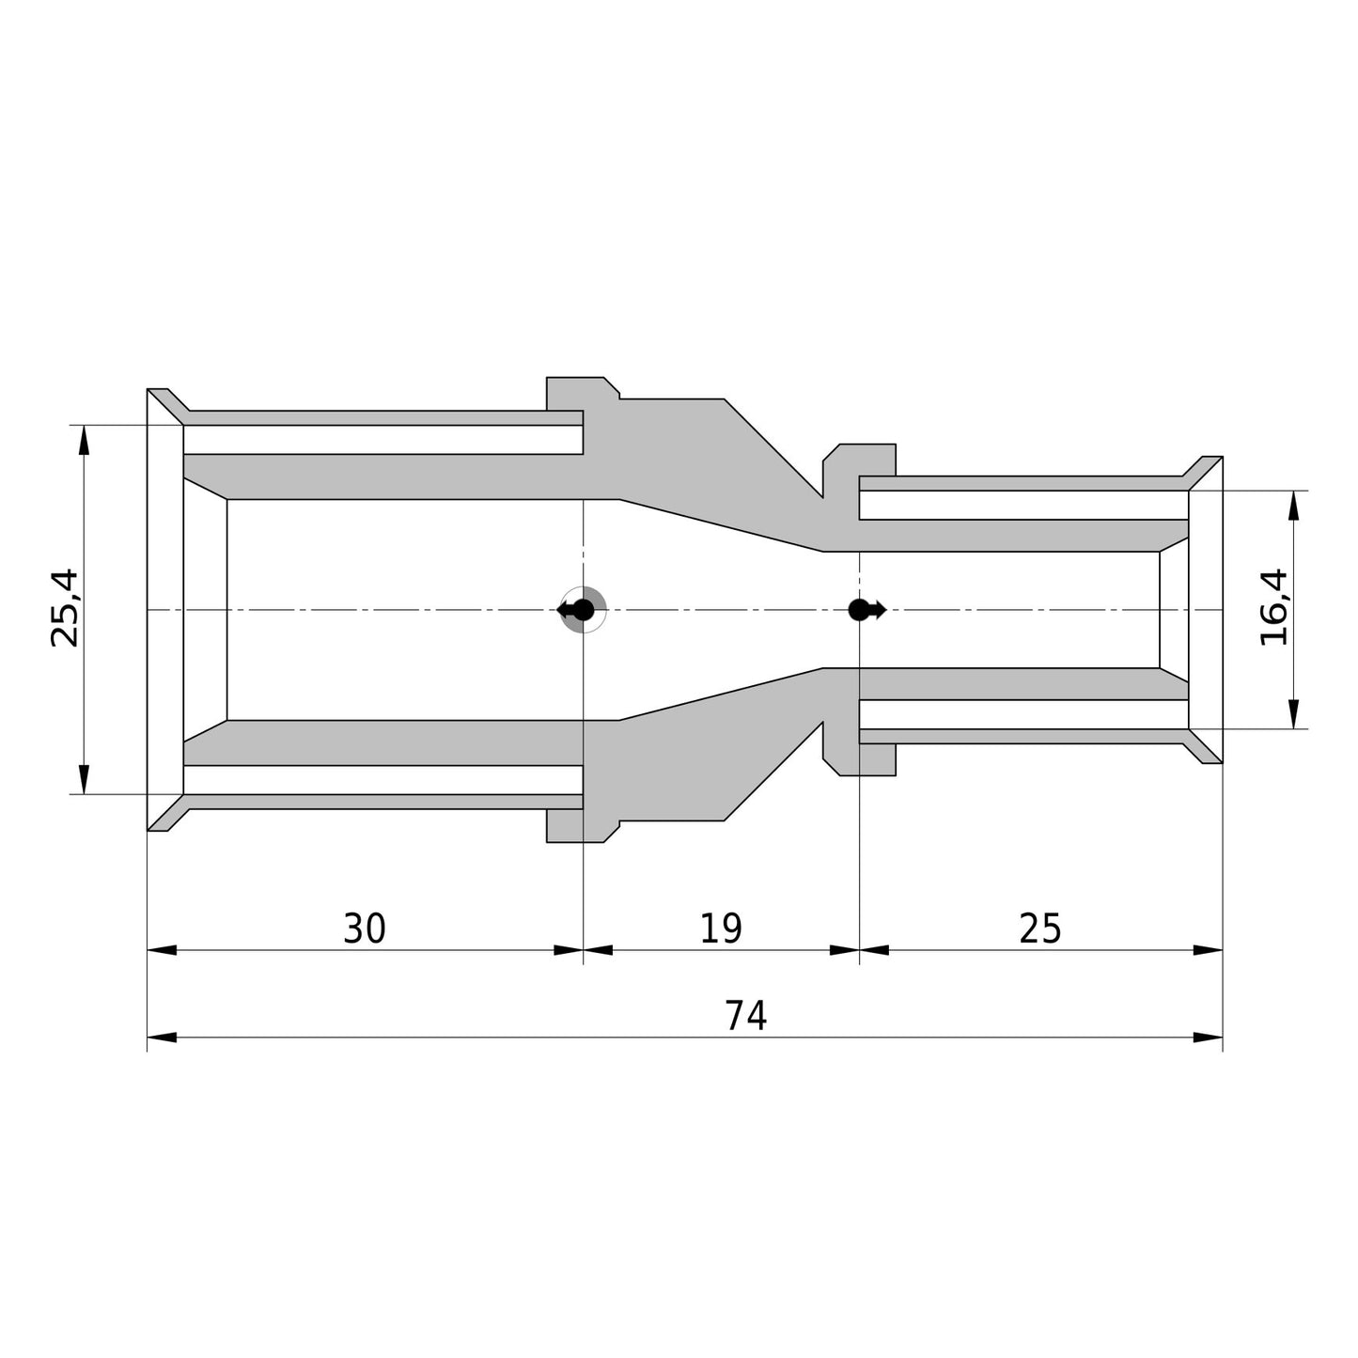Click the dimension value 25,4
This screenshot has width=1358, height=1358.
coord(65,608)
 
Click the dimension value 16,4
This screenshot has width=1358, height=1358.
coord(1274,607)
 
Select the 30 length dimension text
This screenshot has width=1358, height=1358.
coord(365,929)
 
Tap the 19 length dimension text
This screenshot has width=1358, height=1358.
coord(720,929)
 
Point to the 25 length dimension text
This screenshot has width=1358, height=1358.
coord(1040,929)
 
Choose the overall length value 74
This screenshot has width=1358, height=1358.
coord(745,1016)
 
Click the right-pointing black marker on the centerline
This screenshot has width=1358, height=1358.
coord(866,610)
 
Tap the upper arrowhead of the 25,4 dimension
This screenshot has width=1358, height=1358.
coord(84,440)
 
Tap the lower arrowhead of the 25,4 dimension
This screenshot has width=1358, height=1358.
coord(84,779)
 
